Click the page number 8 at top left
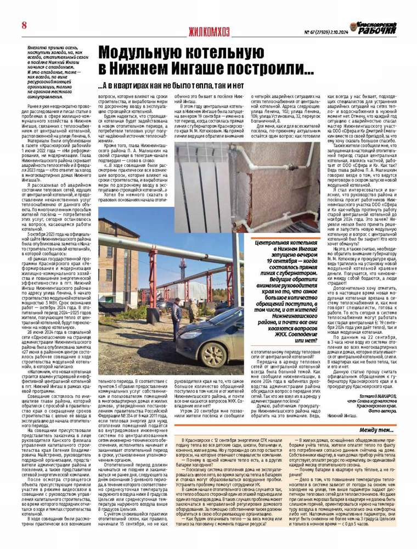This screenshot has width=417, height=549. click(25, 25)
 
